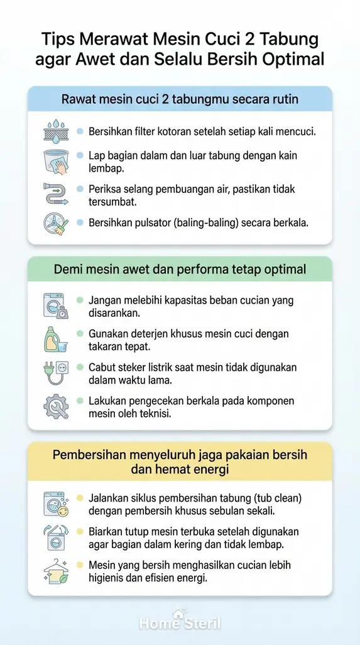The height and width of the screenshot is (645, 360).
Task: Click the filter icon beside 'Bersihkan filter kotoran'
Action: pyautogui.click(x=55, y=132)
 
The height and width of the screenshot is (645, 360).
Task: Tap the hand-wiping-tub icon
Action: pyautogui.click(x=55, y=162)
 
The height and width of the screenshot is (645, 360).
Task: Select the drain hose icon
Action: pyautogui.click(x=55, y=194)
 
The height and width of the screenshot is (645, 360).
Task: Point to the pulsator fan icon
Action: pyautogui.click(x=55, y=224)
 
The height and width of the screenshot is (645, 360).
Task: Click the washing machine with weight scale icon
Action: pyautogui.click(x=55, y=306)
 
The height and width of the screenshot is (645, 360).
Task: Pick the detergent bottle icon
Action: pyautogui.click(x=55, y=339)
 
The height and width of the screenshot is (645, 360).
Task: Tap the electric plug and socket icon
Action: pyautogui.click(x=55, y=372)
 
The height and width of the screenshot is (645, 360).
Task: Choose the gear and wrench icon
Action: pyautogui.click(x=55, y=406)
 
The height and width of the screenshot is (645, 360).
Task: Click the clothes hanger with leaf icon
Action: pyautogui.click(x=55, y=571)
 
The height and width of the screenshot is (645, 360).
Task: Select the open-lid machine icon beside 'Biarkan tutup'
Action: pyautogui.click(x=55, y=537)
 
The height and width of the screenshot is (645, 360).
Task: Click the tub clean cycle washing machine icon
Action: pyautogui.click(x=55, y=504)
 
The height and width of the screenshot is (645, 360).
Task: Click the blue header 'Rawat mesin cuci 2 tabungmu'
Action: pyautogui.click(x=180, y=99)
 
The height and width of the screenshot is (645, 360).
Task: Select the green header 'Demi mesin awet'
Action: pyautogui.click(x=180, y=269)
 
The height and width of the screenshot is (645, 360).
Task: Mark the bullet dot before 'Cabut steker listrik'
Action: pyautogui.click(x=80, y=367)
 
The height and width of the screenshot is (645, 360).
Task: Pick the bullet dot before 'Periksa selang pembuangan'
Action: pyautogui.click(x=80, y=189)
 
